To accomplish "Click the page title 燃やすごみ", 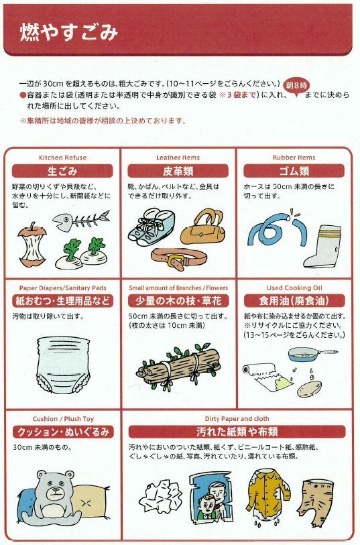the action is [x=69, y=33].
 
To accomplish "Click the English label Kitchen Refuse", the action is [x=62, y=158].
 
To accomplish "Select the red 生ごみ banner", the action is [x=62, y=171].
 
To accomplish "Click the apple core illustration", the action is [x=32, y=245].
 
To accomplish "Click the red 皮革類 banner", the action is [x=178, y=171].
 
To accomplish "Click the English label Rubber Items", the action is [x=294, y=158].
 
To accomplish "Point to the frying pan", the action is [x=309, y=355].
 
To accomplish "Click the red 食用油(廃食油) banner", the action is [x=294, y=301].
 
